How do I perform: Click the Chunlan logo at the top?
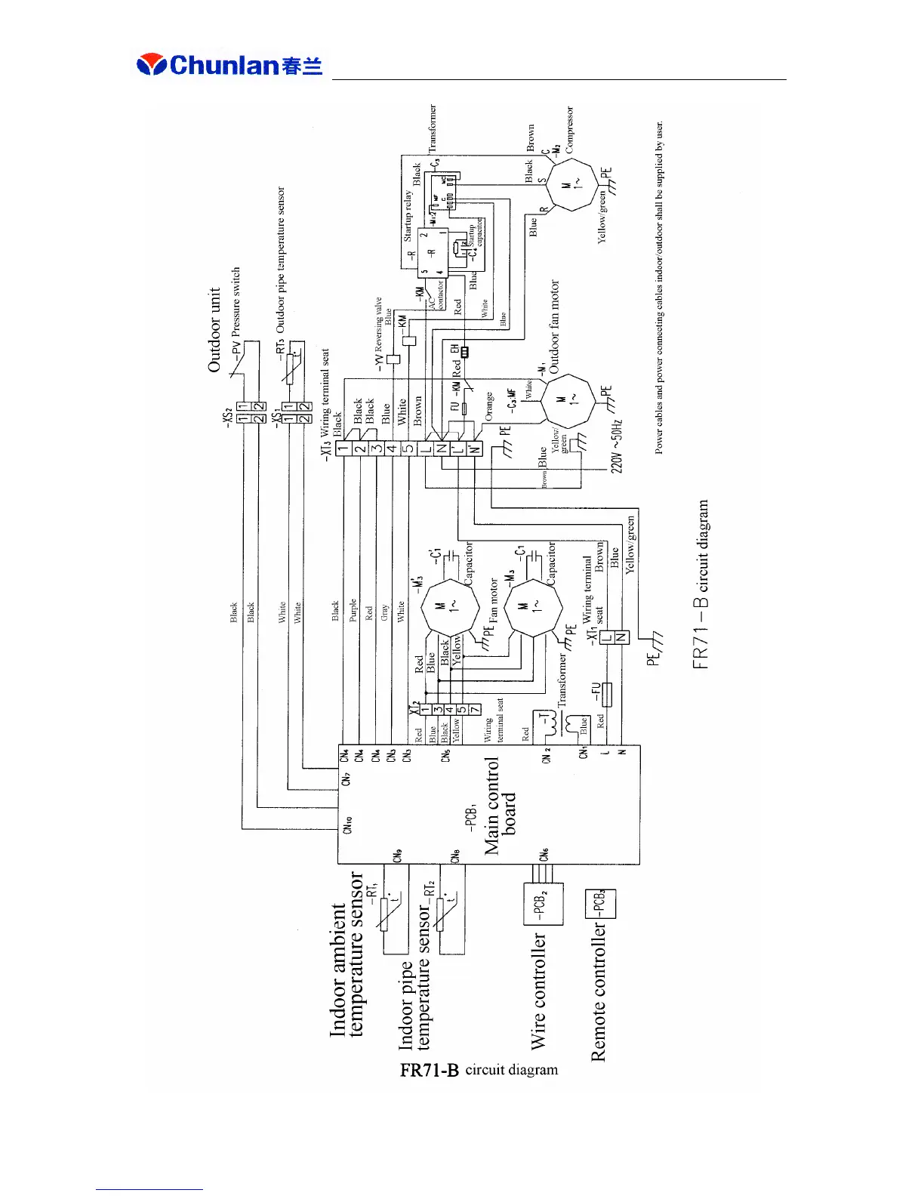(229, 65)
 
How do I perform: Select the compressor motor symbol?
(573, 184)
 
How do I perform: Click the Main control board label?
(500, 806)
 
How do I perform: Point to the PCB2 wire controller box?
(544, 904)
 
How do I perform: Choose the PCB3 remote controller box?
(600, 903)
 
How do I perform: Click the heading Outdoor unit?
(214, 330)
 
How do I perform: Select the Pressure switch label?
(236, 302)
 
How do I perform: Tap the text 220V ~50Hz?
(617, 445)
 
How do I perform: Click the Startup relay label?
(408, 215)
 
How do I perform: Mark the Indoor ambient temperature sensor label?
(346, 955)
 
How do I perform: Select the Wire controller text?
(539, 991)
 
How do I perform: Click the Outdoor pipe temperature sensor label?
(281, 260)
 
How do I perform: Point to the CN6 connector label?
(544, 854)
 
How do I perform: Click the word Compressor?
(570, 130)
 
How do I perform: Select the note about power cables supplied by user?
(659, 287)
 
